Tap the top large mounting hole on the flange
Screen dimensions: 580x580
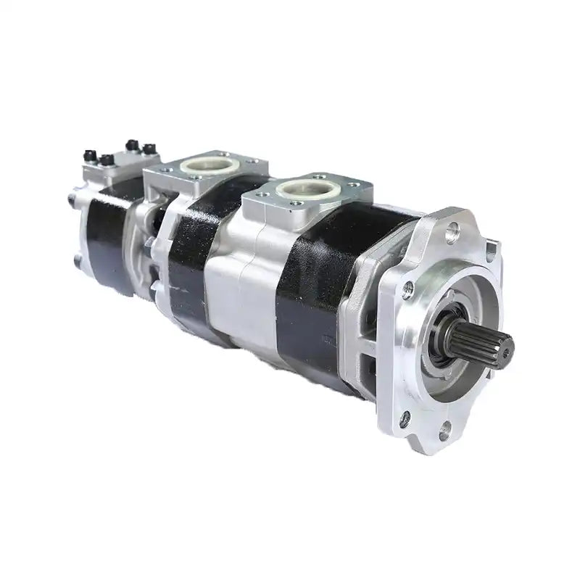point(453,232)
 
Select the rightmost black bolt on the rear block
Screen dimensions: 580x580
point(150,149)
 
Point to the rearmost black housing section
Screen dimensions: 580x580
point(109,232)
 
